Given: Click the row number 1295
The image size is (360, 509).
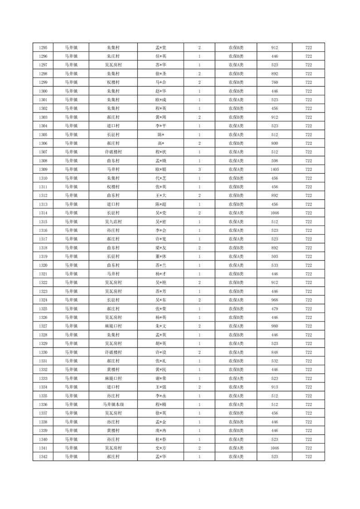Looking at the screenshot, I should [x=44, y=48].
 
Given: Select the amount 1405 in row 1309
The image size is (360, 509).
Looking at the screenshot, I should [x=274, y=169].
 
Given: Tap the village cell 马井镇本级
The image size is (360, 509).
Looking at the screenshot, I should [x=113, y=404].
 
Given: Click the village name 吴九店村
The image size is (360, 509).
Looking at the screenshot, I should [x=113, y=221].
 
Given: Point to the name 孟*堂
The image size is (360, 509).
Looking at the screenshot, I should [x=161, y=48].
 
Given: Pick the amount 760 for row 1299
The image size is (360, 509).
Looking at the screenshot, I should [x=274, y=83].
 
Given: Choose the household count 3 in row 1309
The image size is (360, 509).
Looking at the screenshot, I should [x=199, y=169].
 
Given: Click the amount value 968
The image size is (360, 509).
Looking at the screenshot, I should [x=274, y=300].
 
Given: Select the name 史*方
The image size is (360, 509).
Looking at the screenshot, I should [x=161, y=448].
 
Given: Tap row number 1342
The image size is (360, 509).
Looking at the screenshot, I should [x=44, y=456].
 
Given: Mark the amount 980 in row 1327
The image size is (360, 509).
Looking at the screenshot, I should [x=274, y=326].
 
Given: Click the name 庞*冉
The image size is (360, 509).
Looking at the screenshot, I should [x=161, y=431].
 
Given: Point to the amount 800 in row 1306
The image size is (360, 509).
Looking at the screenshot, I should [x=274, y=143].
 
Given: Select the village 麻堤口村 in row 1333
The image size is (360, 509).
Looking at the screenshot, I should [x=113, y=378].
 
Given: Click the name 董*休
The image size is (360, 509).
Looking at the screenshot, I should [x=161, y=256].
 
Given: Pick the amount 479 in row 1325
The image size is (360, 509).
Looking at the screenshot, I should [x=274, y=308].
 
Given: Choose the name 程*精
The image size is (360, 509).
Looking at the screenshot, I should [x=161, y=404].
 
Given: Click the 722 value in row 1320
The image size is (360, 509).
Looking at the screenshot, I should [x=308, y=265].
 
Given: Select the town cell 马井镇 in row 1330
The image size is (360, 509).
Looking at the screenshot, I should [x=71, y=352].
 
